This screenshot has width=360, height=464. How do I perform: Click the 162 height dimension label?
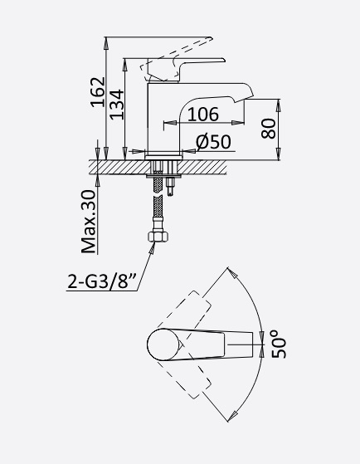[x=98, y=92]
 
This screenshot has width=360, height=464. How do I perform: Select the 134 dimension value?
[x=117, y=105]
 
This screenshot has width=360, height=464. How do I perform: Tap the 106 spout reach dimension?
[x=203, y=115]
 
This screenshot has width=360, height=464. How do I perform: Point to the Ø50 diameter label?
[x=213, y=142]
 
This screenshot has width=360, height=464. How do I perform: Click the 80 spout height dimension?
[x=268, y=129]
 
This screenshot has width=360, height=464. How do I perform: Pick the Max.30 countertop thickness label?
[x=89, y=222]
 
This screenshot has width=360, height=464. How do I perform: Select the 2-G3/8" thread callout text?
[x=102, y=281]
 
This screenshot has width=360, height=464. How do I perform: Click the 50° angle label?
[x=279, y=344]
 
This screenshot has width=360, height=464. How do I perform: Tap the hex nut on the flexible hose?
[x=158, y=237]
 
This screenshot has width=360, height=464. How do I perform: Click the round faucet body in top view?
[x=163, y=344]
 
